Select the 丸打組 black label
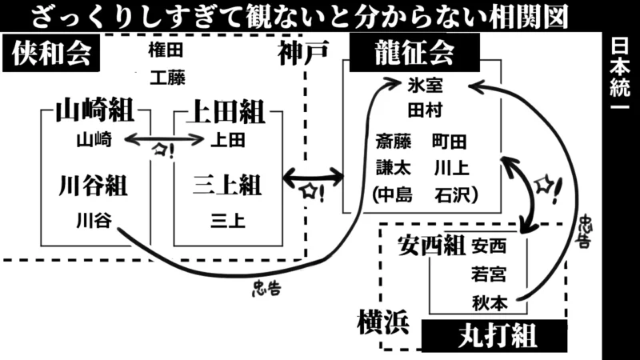[x=494, y=335]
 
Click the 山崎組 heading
[x=94, y=112]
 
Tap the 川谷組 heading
[x=94, y=186]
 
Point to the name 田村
[x=425, y=110]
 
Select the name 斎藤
[x=394, y=142]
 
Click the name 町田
[x=449, y=142]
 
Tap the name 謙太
[x=394, y=168]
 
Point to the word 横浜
[x=382, y=322]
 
